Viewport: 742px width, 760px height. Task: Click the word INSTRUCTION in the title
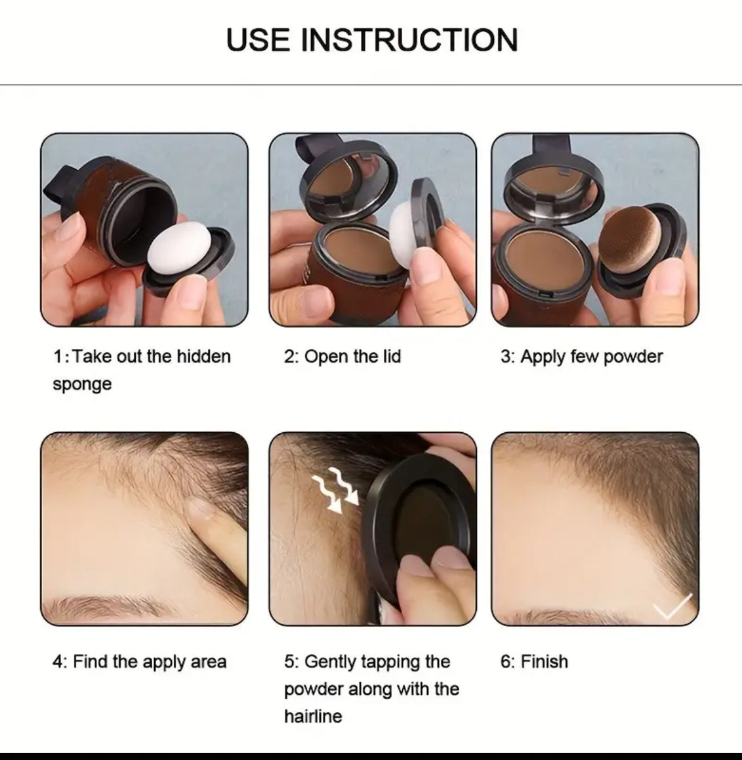coord(410,40)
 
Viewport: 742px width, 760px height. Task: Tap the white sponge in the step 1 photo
coord(179,248)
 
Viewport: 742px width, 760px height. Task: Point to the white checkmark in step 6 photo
coord(672,606)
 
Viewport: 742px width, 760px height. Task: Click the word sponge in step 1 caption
coord(82,384)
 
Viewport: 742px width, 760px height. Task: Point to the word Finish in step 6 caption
coord(544,661)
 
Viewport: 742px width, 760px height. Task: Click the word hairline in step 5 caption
coord(313,716)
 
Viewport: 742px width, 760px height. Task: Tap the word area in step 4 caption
coord(209,662)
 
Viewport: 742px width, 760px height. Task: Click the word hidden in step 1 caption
coord(203,356)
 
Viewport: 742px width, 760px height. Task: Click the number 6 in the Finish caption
coord(505,661)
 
